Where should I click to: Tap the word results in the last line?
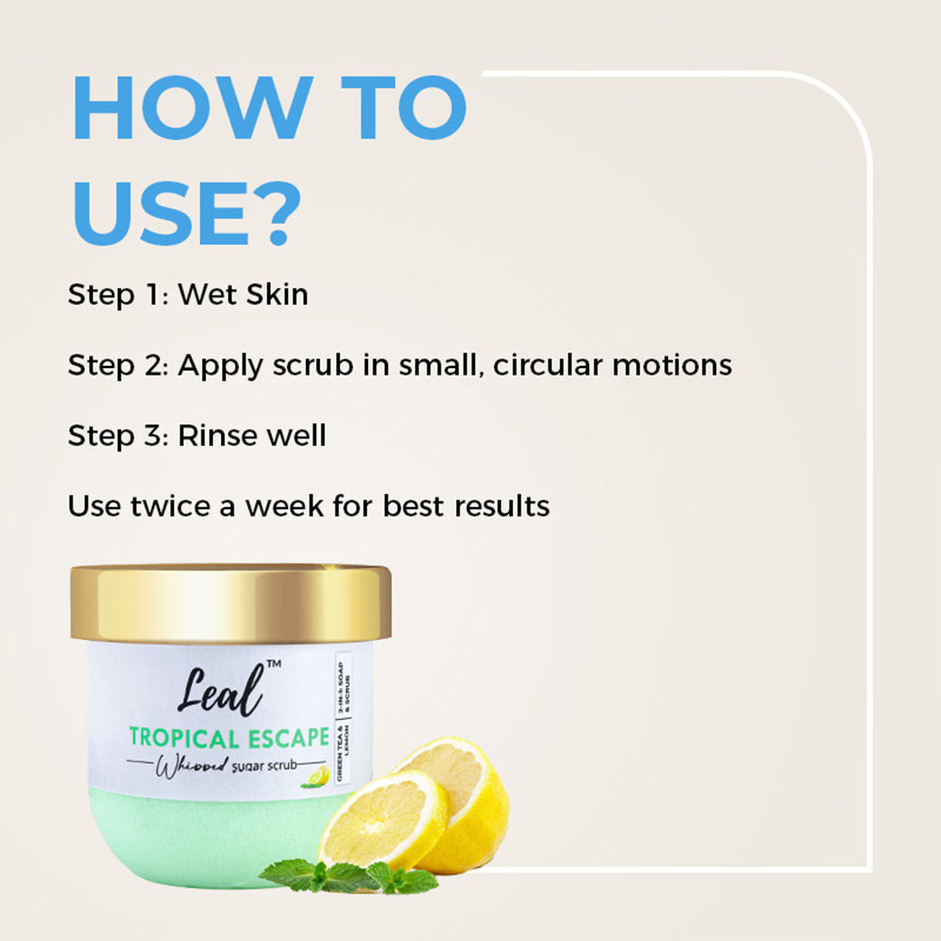point(502,506)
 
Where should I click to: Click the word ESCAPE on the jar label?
point(284,737)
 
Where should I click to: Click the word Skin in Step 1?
point(277,295)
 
